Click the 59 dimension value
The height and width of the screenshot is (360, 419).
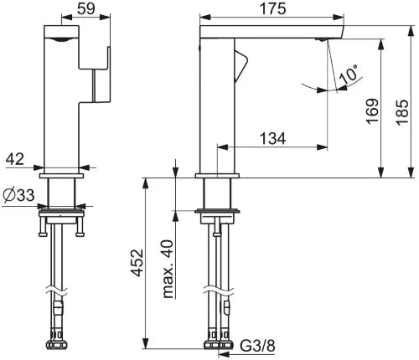86,8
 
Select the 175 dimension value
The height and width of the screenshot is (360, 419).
273,8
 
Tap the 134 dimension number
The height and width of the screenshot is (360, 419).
273,138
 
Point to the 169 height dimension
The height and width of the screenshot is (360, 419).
373,111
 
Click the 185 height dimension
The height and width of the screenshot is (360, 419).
402,112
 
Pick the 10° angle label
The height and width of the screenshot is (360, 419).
349,75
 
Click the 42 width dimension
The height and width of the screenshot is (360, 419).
15,159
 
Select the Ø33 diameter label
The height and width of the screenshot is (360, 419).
18,195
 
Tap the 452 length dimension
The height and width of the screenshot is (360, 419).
137,263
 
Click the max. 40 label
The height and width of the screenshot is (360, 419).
168,269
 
